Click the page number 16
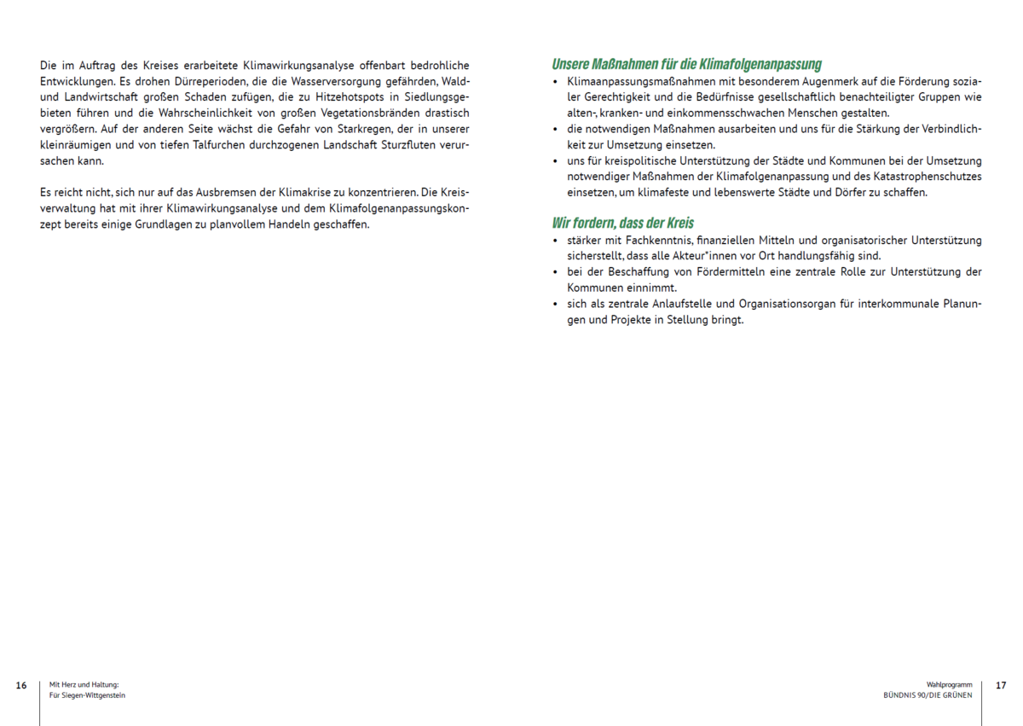click(21, 685)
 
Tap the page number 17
click(1001, 685)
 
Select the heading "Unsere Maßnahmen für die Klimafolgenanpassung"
click(686, 64)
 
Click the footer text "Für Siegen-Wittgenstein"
click(88, 695)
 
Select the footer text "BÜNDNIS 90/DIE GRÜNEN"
click(928, 695)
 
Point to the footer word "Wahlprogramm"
click(949, 685)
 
